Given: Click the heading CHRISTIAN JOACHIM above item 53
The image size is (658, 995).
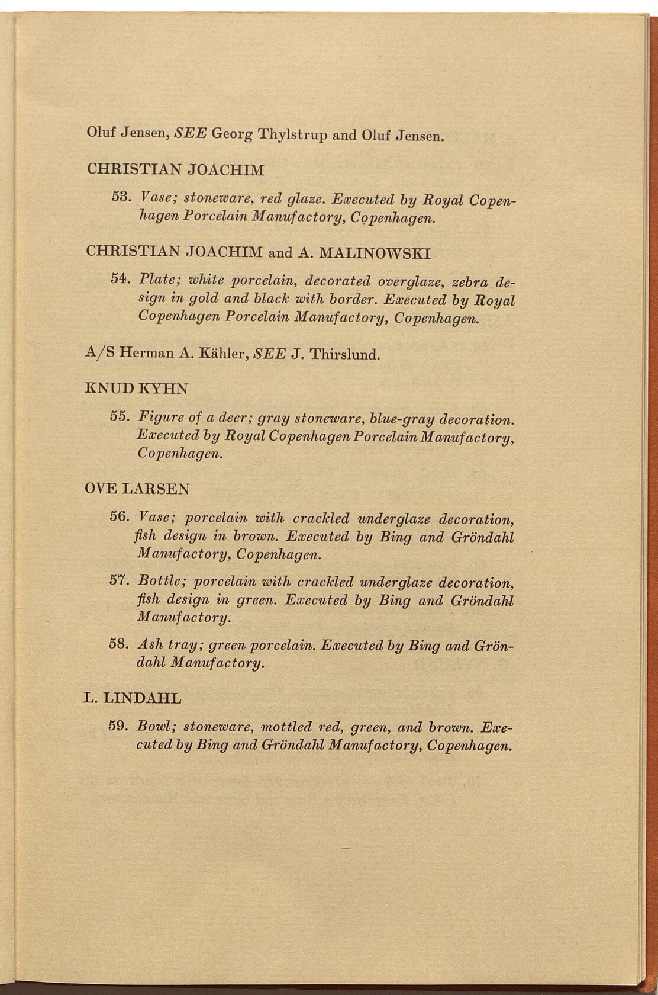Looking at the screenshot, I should point(175,169).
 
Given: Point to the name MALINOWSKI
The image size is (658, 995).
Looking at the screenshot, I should point(375,253).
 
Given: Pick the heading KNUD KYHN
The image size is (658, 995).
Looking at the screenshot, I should point(137,389).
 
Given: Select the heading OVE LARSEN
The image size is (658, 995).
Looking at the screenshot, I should point(137,489).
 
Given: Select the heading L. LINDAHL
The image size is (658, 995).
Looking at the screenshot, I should point(133,698).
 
